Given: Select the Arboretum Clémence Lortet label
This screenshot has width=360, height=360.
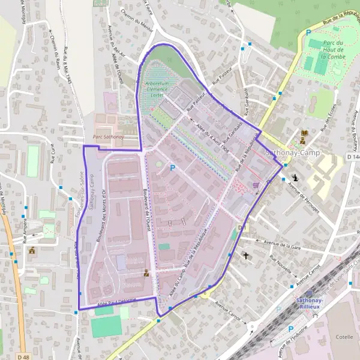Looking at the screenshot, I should pyautogui.click(x=157, y=89).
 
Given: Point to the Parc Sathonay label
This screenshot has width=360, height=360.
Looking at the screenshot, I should pyautogui.click(x=106, y=137).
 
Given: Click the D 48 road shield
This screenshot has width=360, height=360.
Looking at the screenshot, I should pyautogui.click(x=23, y=356).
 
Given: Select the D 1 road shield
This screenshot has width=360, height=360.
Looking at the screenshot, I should pyautogui.click(x=242, y=228).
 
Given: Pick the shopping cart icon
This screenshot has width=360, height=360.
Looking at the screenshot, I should pyautogui.click(x=257, y=185).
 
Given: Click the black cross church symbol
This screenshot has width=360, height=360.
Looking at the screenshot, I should pyautogui.click(x=246, y=256).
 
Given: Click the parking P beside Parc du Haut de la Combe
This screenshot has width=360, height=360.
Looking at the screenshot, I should pyautogui.click(x=308, y=33).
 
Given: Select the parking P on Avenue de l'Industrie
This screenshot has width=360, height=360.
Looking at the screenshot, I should pyautogui.click(x=291, y=329).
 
